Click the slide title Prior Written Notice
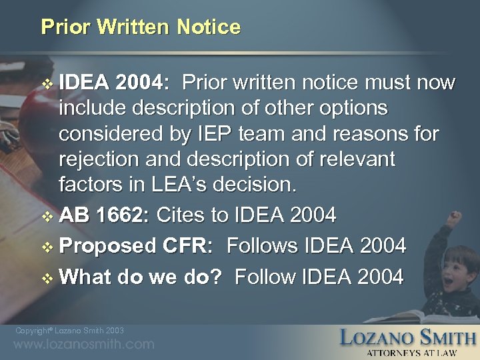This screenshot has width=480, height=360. [x=141, y=27]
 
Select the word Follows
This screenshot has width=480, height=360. [x=262, y=247]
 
